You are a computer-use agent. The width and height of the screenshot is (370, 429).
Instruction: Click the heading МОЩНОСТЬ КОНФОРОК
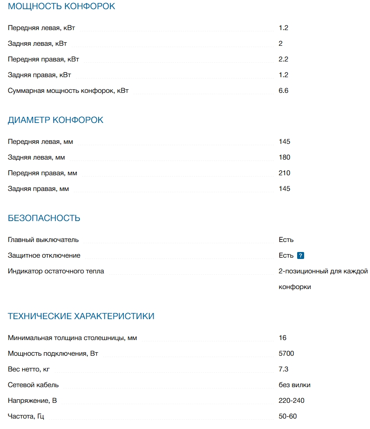(62, 7)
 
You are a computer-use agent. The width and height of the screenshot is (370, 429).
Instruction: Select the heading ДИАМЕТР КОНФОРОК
(56, 120)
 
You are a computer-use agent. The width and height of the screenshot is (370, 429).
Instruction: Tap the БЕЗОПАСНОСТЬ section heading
(44, 218)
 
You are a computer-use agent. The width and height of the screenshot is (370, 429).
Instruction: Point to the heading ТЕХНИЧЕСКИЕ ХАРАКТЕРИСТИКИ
(81, 317)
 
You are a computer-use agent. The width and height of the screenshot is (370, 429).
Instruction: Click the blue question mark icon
(300, 256)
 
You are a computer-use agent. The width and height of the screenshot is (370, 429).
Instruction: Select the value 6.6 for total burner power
(284, 91)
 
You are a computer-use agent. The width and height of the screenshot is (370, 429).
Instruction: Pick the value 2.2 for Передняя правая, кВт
(284, 59)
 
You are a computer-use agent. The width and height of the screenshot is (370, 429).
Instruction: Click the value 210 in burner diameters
(284, 173)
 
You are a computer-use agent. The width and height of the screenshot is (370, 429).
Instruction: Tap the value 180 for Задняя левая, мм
(284, 157)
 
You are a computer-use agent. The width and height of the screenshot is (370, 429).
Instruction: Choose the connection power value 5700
(286, 354)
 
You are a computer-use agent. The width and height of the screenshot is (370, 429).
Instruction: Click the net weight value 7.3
(284, 369)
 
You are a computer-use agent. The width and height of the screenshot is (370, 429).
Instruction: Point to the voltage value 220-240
(291, 401)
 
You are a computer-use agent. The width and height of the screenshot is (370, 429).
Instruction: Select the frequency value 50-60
(288, 416)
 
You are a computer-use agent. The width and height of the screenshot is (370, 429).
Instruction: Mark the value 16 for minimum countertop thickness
(283, 338)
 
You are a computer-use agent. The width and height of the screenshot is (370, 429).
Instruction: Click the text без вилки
(295, 385)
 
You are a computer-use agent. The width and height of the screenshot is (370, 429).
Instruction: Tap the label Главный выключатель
(43, 240)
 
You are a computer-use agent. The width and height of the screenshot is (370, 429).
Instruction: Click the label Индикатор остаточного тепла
(56, 271)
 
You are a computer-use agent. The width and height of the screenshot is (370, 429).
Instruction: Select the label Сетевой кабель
(33, 385)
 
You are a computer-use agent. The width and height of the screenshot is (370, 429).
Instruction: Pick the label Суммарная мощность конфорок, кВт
(69, 91)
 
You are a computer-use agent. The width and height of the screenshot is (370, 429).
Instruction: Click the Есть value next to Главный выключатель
(286, 240)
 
